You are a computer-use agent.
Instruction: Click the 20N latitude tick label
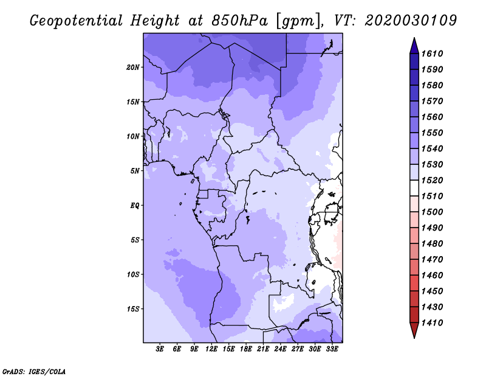point(133,68)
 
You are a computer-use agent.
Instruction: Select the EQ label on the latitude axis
point(135,206)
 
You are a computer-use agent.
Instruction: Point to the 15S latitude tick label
point(133,309)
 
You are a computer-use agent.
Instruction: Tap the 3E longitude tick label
point(160,349)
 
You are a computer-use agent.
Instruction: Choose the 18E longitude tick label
point(246,349)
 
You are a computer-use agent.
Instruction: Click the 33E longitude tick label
point(332,349)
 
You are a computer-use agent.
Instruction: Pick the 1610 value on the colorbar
point(432,54)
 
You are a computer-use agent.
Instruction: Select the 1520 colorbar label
point(432,180)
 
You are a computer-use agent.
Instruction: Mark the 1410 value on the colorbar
point(432,323)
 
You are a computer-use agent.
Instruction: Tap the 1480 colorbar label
point(432,244)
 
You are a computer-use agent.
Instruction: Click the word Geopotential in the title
point(77,21)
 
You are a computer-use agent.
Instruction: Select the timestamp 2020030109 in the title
point(411,21)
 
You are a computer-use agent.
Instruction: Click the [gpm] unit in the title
point(298,21)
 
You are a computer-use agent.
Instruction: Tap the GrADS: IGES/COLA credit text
point(34,372)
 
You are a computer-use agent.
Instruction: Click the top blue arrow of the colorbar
point(414,46)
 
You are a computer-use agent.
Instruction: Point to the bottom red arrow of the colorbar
point(414,330)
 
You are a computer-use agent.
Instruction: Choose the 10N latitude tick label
point(133,136)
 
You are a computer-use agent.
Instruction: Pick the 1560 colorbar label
point(432,117)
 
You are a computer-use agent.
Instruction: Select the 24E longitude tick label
point(280,349)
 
